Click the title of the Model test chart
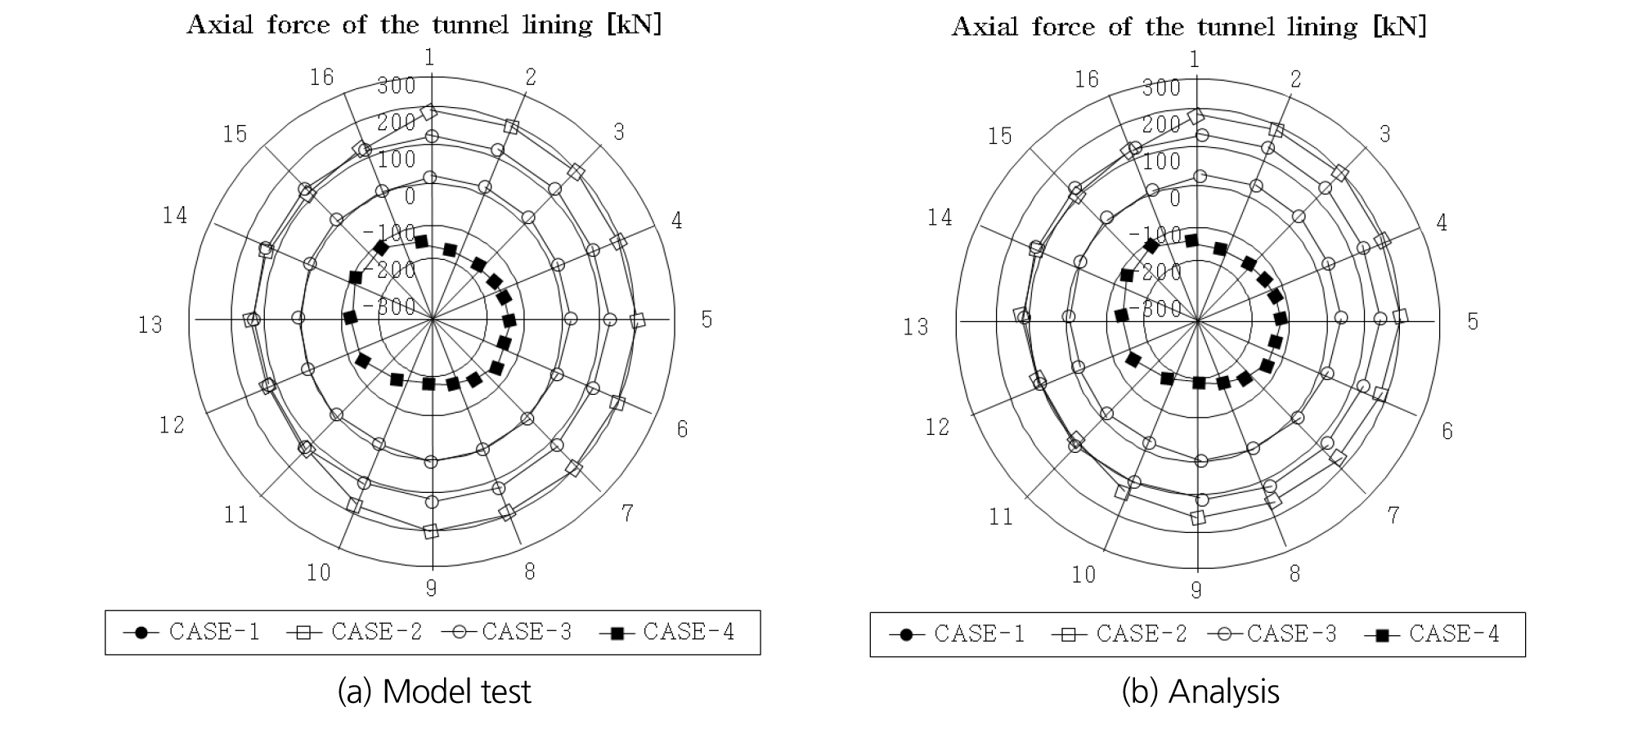coord(424,25)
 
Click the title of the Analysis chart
coord(1189,27)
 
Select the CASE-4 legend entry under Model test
coord(667,632)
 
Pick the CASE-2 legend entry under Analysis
coord(1119,634)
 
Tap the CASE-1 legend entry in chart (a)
coord(192,632)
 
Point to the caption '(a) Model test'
coord(434,692)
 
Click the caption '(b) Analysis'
coord(1200,692)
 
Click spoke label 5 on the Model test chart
coord(707,320)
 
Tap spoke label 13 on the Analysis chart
coord(916,327)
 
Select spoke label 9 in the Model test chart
coord(431,588)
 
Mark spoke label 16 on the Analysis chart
coord(1087,79)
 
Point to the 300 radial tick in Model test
coord(397,85)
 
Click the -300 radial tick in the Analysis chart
coord(1155,308)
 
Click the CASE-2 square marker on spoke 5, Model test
coord(638,320)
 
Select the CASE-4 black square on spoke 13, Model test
coord(350,317)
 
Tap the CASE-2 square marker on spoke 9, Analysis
coord(1198,517)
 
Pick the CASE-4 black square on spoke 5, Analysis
coord(1281,318)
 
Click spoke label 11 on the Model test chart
coord(236,515)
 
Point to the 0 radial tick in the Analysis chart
coord(1175,198)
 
